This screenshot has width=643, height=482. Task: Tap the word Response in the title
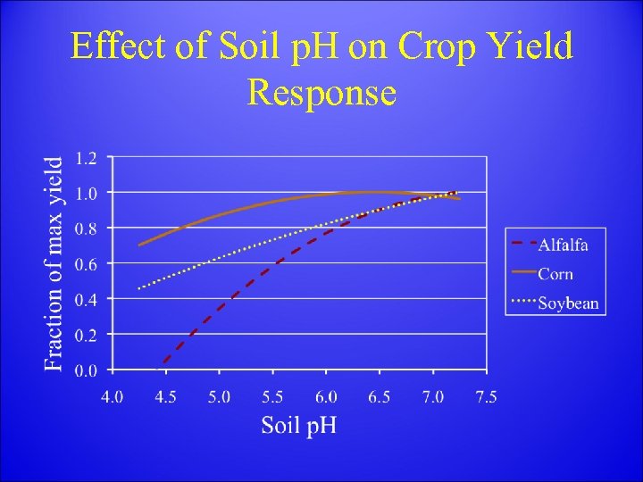pyautogui.click(x=321, y=91)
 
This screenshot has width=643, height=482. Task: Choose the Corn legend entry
pyautogui.click(x=555, y=274)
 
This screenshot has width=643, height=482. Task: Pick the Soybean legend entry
pyautogui.click(x=568, y=303)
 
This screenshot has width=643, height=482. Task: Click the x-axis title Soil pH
pyautogui.click(x=298, y=424)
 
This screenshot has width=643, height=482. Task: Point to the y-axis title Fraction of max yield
pyautogui.click(x=54, y=263)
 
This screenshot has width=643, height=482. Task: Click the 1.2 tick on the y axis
pyautogui.click(x=87, y=158)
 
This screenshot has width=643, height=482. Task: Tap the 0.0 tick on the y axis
pyautogui.click(x=87, y=370)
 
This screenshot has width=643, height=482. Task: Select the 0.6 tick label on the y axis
pyautogui.click(x=87, y=264)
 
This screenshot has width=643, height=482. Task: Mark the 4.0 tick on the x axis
pyautogui.click(x=112, y=396)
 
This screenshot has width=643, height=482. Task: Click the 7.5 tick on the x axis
pyautogui.click(x=486, y=396)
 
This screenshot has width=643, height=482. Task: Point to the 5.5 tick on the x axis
pyautogui.click(x=271, y=396)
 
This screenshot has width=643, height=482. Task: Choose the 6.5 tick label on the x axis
pyautogui.click(x=379, y=396)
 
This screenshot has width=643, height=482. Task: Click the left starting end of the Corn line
pyautogui.click(x=139, y=245)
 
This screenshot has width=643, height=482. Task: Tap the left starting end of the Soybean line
pyautogui.click(x=138, y=288)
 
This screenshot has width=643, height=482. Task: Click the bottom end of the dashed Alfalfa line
pyautogui.click(x=158, y=368)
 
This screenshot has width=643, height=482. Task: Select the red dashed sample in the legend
pyautogui.click(x=522, y=242)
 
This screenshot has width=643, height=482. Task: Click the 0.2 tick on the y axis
pyautogui.click(x=87, y=335)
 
